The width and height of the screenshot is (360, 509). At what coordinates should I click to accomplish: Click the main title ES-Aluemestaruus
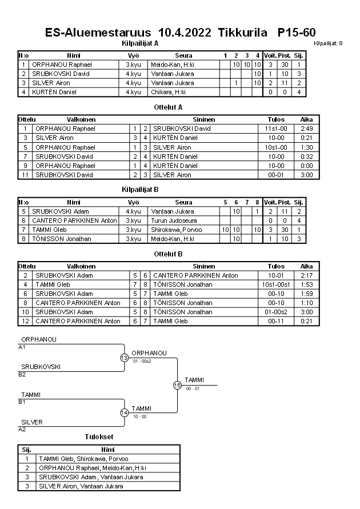(98, 33)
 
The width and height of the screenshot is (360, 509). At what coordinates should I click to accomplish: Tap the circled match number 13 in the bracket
(124, 358)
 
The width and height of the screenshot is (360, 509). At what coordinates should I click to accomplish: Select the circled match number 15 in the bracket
(177, 385)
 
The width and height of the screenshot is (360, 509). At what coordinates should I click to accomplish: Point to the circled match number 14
(124, 412)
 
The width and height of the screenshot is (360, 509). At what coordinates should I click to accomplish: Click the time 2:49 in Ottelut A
(306, 129)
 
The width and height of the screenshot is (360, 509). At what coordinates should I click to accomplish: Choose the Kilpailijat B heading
(140, 189)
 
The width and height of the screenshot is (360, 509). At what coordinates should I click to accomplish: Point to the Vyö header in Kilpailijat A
(133, 55)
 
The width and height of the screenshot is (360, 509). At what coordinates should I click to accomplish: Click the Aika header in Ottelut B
(306, 266)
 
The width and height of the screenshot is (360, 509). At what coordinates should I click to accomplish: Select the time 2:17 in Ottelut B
(306, 275)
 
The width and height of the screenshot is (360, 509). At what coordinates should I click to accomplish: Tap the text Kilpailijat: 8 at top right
(329, 43)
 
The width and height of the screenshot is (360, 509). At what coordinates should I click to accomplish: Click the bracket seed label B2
(22, 374)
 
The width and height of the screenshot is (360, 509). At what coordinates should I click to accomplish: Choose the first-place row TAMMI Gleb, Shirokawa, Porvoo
(83, 459)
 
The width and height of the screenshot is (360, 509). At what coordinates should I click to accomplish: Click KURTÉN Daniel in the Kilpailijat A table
(54, 92)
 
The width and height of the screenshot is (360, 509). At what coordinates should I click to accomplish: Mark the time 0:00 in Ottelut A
(306, 166)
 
